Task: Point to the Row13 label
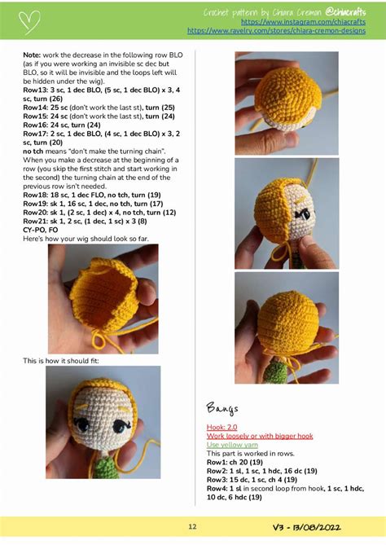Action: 36,91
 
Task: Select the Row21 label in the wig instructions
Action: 36,221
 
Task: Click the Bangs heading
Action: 222,407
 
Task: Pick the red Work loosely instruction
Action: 259,436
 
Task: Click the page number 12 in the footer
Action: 192,527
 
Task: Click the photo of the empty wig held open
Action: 103,298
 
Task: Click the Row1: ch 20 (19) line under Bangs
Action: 241,462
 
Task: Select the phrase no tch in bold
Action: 36,152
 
